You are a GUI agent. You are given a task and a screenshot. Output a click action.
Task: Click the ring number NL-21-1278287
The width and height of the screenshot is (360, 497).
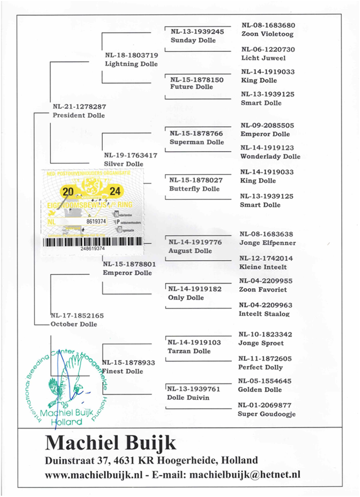point(79,107)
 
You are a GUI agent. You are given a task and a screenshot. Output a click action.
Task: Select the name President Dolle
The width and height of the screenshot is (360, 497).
point(78,116)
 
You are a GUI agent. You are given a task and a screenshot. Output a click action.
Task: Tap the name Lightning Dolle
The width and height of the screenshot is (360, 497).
point(131,64)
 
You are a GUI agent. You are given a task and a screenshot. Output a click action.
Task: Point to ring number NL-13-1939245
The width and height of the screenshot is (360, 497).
point(197,32)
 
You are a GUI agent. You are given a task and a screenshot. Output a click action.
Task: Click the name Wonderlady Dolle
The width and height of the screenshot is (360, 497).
point(271,156)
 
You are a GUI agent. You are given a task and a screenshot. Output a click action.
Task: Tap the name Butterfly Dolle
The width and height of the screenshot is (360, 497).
point(194,189)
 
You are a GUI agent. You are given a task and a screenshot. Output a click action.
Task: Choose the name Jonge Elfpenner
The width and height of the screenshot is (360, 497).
point(268,243)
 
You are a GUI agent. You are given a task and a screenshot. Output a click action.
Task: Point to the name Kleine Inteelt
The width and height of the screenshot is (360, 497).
point(263,267)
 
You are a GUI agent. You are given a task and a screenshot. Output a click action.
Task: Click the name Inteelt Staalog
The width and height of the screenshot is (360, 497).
point(264,314)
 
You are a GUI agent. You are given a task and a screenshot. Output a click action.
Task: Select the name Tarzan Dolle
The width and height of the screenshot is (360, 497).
point(189,351)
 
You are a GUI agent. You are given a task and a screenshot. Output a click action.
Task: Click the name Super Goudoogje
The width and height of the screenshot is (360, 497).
point(267,414)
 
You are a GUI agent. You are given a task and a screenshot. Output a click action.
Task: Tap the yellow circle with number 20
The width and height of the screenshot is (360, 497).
point(67,192)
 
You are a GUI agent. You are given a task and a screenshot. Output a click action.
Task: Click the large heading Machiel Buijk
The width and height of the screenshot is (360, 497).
point(111,443)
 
